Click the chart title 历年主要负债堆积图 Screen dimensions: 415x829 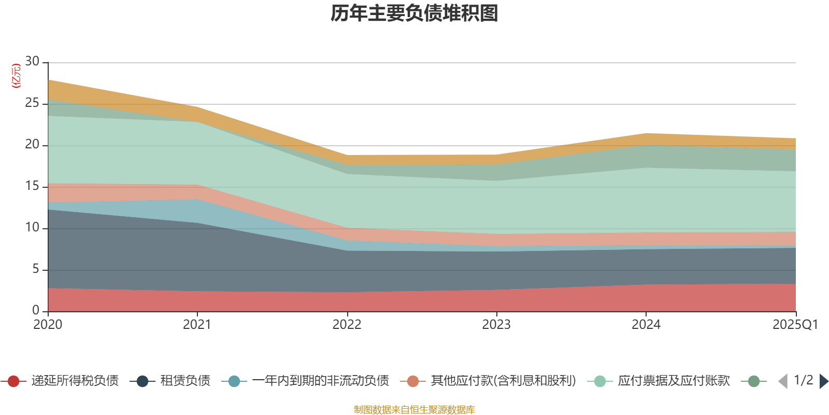414,13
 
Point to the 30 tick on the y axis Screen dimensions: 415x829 32,62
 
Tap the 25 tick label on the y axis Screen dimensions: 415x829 32,103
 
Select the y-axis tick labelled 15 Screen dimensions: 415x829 32,186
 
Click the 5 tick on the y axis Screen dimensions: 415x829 36,269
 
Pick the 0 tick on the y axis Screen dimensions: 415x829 36,310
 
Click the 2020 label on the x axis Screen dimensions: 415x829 48,325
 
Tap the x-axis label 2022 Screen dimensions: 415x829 347,325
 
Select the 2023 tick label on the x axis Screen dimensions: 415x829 496,325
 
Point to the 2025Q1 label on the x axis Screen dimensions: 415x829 795,325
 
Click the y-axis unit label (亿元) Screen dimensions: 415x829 16,76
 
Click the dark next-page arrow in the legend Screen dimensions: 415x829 823,381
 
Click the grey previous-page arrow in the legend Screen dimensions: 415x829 783,381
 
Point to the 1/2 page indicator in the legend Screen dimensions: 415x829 803,380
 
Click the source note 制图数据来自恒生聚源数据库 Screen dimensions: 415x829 414,410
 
